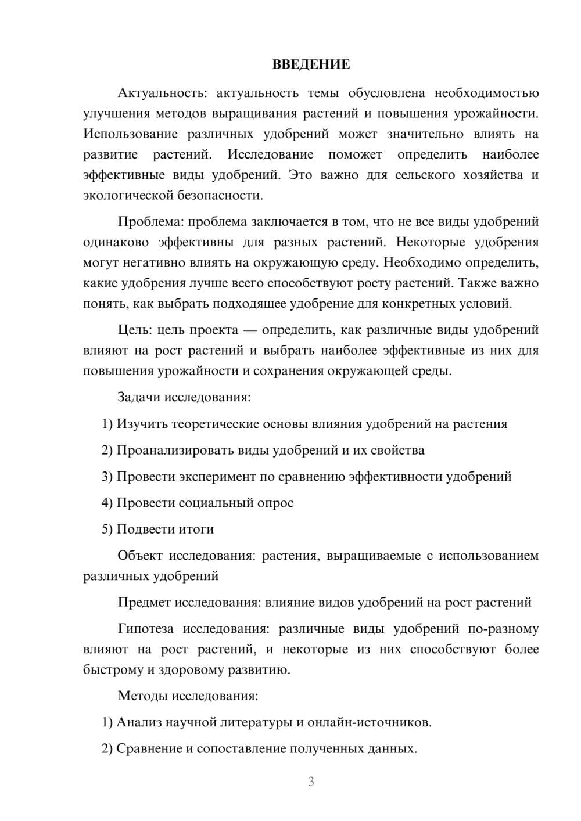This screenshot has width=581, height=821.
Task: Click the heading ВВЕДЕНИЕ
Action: pyautogui.click(x=311, y=64)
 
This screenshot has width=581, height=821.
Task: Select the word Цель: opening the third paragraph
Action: pyautogui.click(x=135, y=330)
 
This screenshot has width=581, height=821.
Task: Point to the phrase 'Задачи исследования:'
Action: pyautogui.click(x=184, y=398)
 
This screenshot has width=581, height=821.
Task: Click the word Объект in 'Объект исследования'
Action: pyautogui.click(x=140, y=556)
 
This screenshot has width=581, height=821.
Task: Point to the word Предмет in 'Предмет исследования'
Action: pyautogui.click(x=144, y=602)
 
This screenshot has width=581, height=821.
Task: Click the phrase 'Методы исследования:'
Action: pyautogui.click(x=188, y=696)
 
